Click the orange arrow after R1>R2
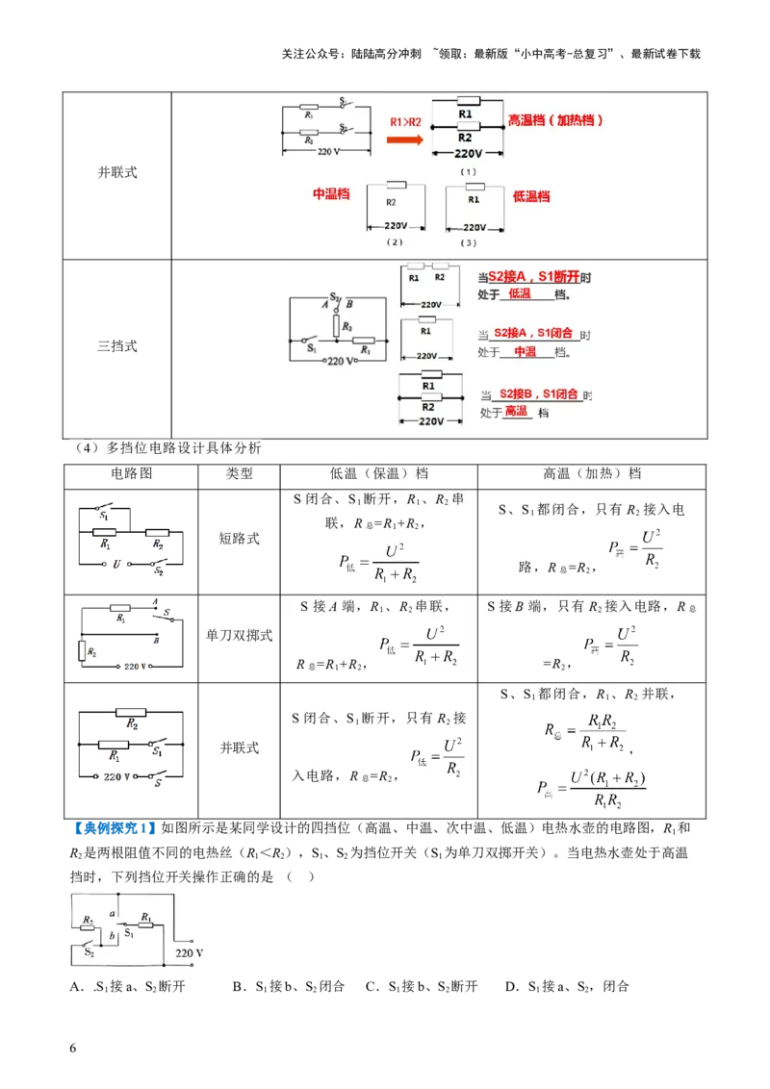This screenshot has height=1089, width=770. pyautogui.click(x=404, y=139)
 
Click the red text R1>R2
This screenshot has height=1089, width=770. pyautogui.click(x=405, y=122)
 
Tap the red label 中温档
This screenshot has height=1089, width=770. pyautogui.click(x=331, y=194)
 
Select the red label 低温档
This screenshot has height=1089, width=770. pyautogui.click(x=531, y=196)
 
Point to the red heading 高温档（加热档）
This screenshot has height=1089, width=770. pyautogui.click(x=556, y=121)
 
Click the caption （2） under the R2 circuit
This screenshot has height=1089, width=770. pyautogui.click(x=394, y=242)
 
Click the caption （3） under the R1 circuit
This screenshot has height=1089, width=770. pyautogui.click(x=469, y=242)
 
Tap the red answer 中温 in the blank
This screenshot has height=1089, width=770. pyautogui.click(x=525, y=352)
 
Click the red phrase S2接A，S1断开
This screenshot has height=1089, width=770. pyautogui.click(x=533, y=276)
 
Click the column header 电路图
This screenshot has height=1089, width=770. pyautogui.click(x=133, y=473)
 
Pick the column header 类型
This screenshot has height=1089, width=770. pyautogui.click(x=239, y=473)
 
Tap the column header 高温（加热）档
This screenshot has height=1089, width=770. pyautogui.click(x=592, y=473)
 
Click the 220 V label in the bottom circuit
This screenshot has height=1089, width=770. pyautogui.click(x=189, y=953)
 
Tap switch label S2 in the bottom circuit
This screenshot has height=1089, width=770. pyautogui.click(x=89, y=952)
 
